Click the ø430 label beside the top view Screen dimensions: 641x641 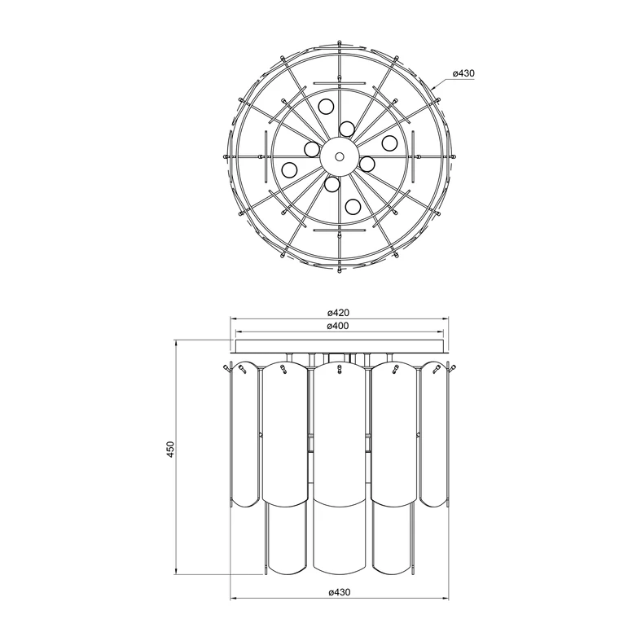click(463, 73)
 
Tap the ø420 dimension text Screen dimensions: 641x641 click(339, 313)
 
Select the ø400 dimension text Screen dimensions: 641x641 click(338, 326)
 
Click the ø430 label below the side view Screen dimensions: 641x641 click(340, 592)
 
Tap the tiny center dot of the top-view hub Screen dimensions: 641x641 click(339, 156)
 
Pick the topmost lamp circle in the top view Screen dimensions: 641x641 click(327, 107)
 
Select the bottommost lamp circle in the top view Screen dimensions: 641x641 click(353, 206)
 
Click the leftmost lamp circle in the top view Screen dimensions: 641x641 click(289, 169)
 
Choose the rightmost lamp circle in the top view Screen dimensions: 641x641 click(389, 143)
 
